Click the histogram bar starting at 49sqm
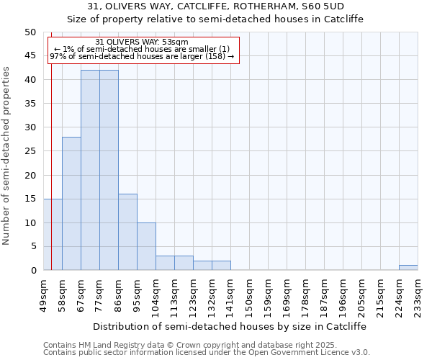pos(53,234)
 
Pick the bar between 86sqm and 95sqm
pos(127,232)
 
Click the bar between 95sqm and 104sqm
pos(146,246)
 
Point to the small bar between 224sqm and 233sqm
pos(408,268)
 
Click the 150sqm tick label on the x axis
pos(249,296)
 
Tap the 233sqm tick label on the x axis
pos(418,296)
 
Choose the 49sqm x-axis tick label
pos(43,294)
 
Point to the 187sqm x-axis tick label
pos(324,296)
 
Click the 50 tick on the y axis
pos(30,32)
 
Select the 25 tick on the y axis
pos(30,151)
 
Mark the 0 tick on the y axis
pos(33,271)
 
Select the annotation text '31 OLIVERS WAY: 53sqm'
pos(142,42)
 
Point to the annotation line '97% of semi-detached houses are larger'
pos(141,56)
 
